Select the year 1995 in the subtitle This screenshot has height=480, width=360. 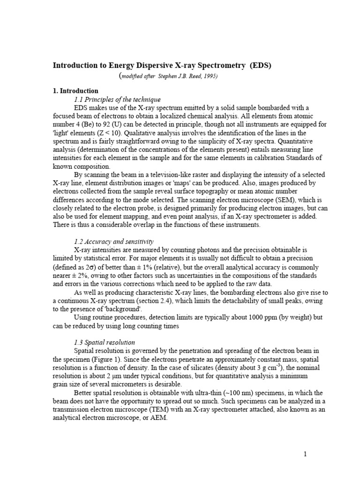(209, 76)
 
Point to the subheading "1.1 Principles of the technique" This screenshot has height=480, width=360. (117, 99)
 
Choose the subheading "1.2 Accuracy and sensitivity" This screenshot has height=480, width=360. (114, 241)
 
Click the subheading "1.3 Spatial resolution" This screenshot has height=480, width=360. (105, 343)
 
